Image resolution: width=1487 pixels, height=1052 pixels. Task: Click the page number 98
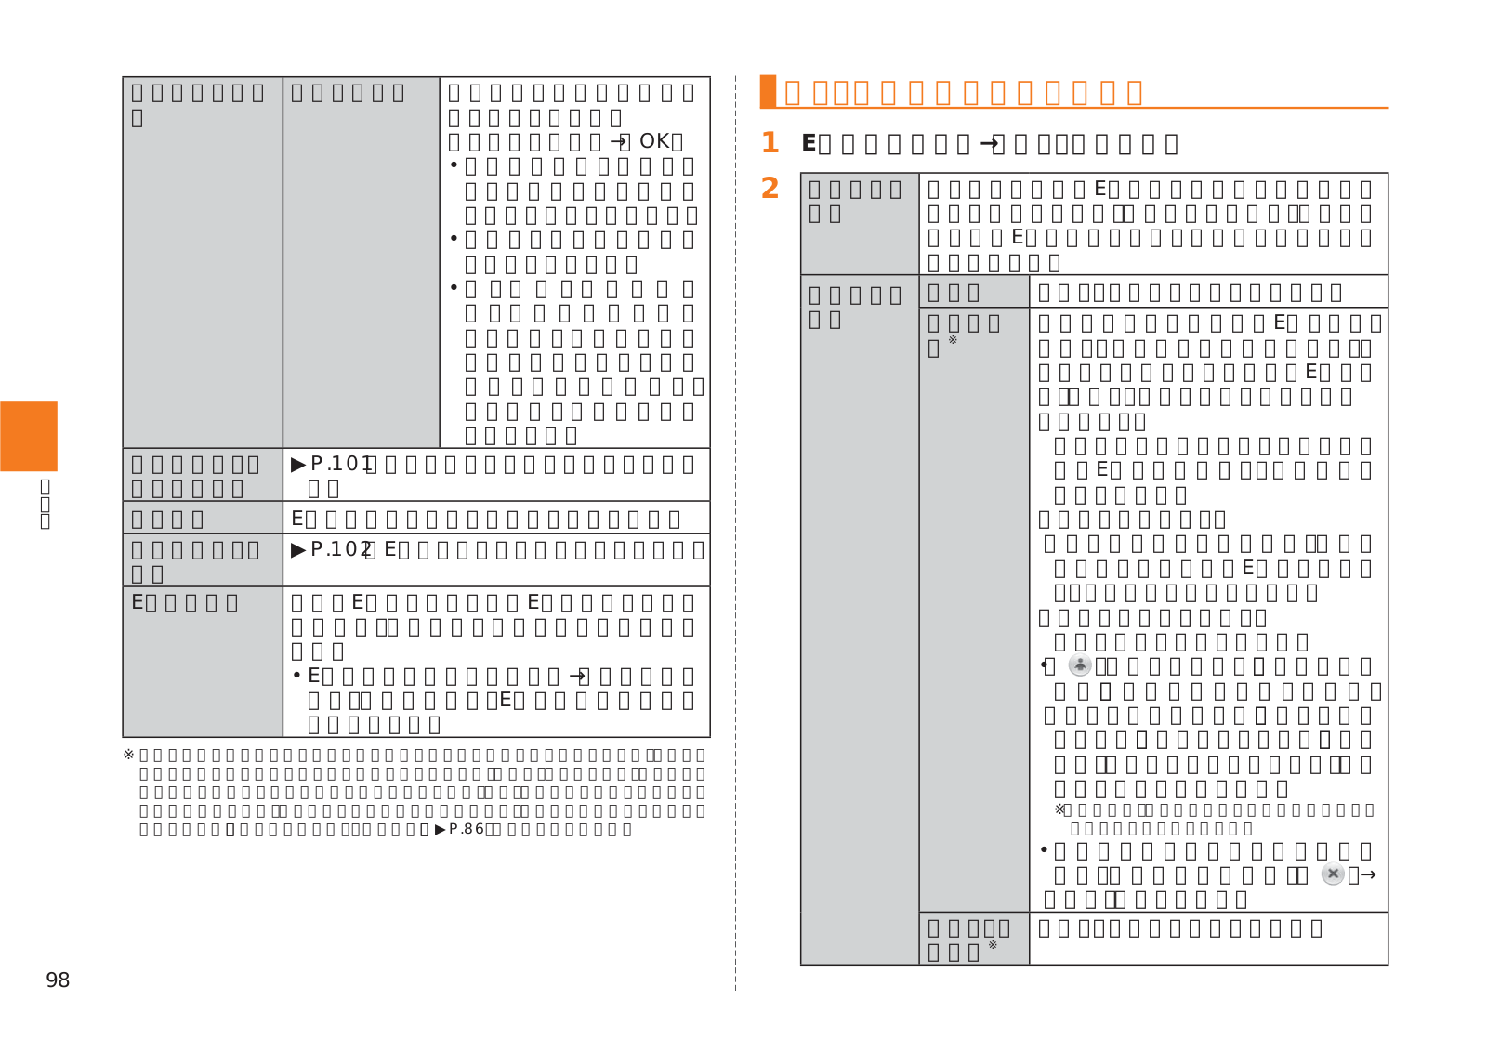point(58,980)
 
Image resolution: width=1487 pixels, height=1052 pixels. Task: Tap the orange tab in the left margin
point(29,436)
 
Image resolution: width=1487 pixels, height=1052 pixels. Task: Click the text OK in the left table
point(654,141)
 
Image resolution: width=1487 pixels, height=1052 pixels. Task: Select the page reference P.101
point(341,464)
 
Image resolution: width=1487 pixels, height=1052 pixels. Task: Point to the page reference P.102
point(341,549)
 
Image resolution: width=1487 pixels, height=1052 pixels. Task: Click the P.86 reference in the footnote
point(466,829)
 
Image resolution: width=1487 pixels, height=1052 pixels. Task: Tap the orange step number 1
point(770,143)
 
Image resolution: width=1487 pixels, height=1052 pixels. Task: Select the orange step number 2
point(770,189)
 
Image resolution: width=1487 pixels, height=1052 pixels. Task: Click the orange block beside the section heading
point(768,91)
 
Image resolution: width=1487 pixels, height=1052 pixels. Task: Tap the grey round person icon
point(1080,665)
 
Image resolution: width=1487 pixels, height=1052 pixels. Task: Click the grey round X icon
point(1333,874)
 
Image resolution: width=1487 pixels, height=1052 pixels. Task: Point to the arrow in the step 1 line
point(990,143)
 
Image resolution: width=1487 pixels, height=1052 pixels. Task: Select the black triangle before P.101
point(298,464)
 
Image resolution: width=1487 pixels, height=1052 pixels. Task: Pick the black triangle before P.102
point(298,549)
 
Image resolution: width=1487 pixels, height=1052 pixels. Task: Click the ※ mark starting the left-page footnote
point(128,755)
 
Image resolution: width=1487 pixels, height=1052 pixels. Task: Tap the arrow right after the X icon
point(1367,874)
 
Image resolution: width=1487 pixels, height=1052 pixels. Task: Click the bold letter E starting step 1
point(809,143)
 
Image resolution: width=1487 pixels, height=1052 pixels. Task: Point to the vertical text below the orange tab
point(45,503)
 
